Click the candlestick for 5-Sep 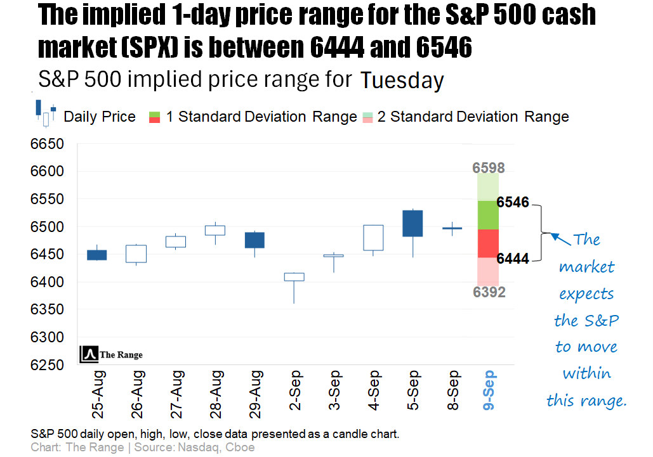(412, 223)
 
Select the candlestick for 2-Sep (294, 277)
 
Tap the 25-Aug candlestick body (96, 255)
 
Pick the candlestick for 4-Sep (373, 238)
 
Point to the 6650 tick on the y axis (48, 145)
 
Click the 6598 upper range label (488, 168)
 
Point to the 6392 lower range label (488, 292)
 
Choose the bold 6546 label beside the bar (513, 203)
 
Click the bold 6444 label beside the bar (513, 259)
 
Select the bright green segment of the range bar (488, 215)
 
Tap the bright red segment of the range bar (488, 243)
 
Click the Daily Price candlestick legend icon (46, 113)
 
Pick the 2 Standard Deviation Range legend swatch (367, 117)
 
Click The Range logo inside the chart (112, 355)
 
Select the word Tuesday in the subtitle (402, 80)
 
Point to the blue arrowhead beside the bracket (554, 237)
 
